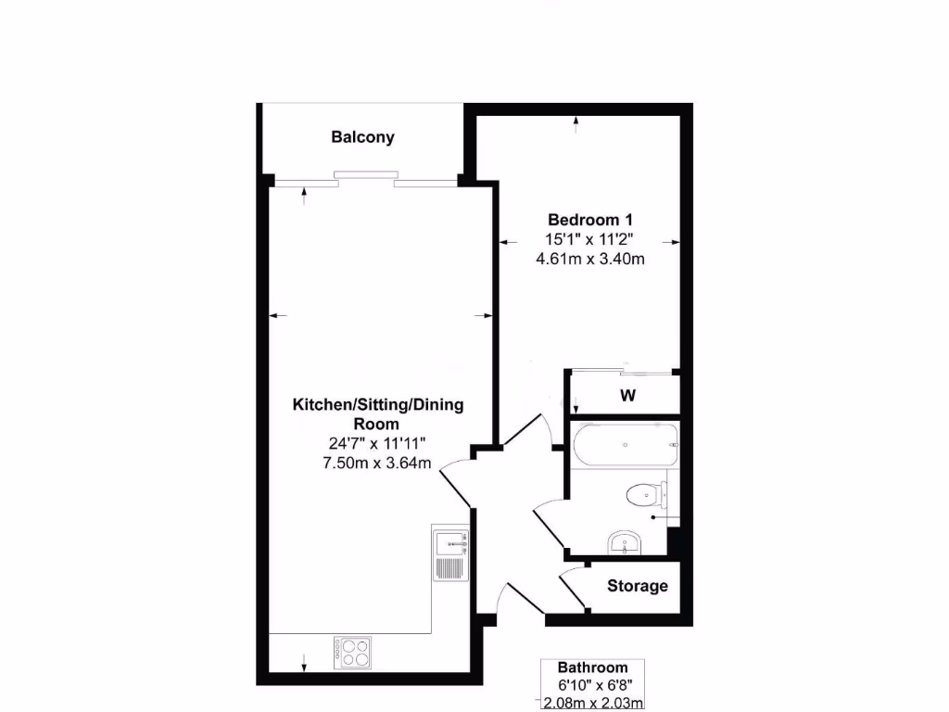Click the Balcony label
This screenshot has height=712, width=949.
click(362, 137)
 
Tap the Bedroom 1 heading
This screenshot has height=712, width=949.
click(590, 220)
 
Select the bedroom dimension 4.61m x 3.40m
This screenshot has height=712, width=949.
click(590, 260)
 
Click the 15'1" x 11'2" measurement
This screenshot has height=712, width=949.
click(590, 239)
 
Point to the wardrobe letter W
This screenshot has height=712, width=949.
click(627, 396)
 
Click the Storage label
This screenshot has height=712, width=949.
click(638, 586)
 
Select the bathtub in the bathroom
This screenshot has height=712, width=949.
click(626, 446)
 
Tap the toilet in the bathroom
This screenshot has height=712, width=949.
click(641, 495)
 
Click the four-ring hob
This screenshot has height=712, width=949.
click(352, 652)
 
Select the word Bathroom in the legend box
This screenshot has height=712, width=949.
click(592, 667)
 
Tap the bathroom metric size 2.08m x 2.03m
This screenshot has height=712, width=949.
click(592, 703)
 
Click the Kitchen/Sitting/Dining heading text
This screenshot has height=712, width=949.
click(378, 405)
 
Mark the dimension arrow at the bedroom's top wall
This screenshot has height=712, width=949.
click(576, 122)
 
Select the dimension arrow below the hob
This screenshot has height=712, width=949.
click(305, 662)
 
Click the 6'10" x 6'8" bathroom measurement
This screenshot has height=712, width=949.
click(592, 685)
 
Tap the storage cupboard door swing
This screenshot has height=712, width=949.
click(572, 591)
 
